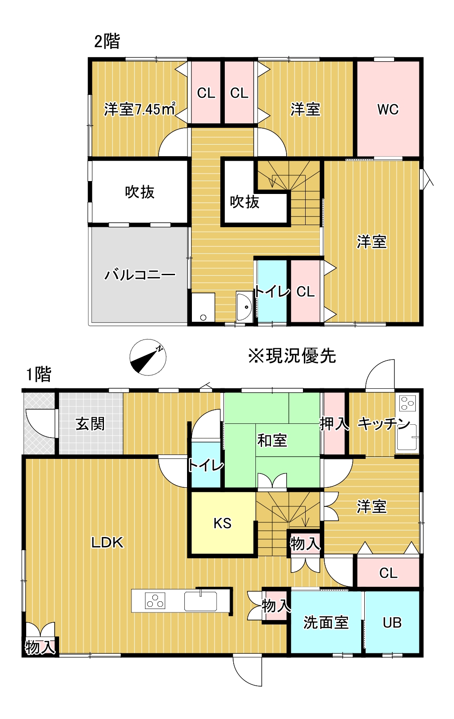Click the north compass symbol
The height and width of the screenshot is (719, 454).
tap(148, 357)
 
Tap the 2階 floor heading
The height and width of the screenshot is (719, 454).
tap(107, 41)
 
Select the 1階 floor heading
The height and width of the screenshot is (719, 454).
tap(39, 374)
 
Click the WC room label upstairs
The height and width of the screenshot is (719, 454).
tap(388, 109)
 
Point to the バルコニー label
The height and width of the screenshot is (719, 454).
tap(140, 275)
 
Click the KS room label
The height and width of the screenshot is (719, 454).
tap(222, 523)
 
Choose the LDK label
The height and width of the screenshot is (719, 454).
tap(107, 542)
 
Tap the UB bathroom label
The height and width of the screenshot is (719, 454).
tap(392, 623)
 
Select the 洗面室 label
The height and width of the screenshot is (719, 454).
tap(326, 623)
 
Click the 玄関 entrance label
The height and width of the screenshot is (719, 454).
tap(90, 423)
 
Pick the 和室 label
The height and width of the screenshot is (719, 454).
tap(272, 440)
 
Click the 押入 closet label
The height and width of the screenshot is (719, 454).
tap(334, 423)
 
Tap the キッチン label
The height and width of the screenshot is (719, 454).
tap(384, 423)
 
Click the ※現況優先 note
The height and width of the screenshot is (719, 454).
tap(292, 356)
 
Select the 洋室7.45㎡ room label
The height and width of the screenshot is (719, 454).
tap(139, 109)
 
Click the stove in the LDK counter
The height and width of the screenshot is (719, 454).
tap(155, 601)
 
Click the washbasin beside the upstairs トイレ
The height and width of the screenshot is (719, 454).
tap(244, 306)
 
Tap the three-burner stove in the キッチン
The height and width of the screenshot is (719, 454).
tap(407, 403)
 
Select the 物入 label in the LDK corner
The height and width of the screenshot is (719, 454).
tap(40, 647)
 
